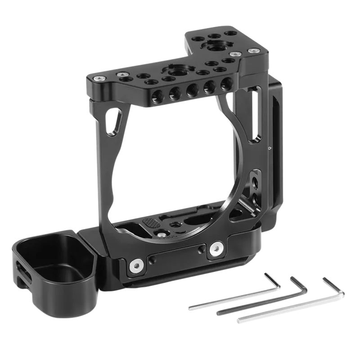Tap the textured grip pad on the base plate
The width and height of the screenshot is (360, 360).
pos(151,225)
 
